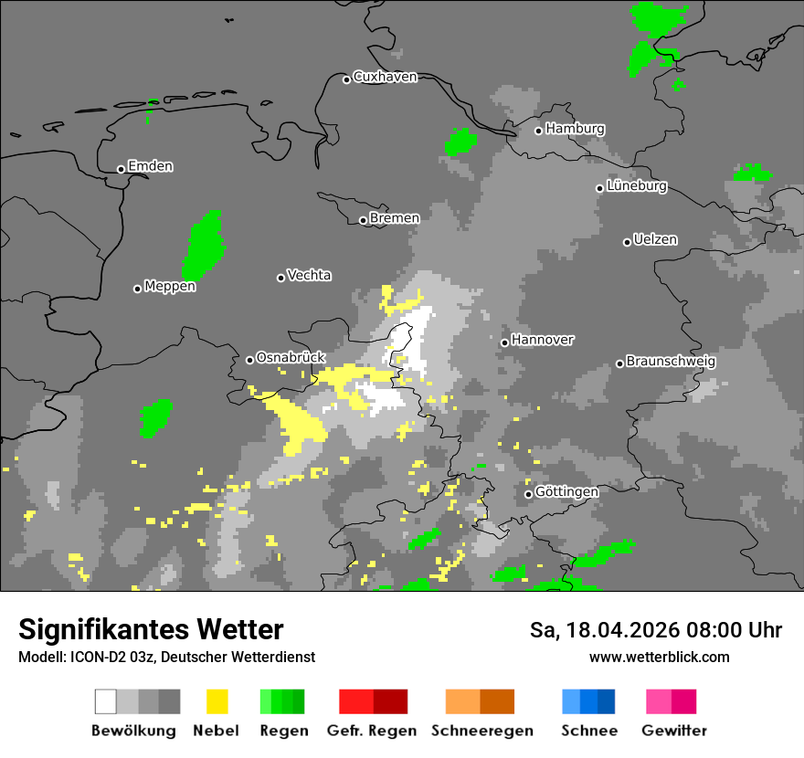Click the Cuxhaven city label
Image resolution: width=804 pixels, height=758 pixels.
(385, 77)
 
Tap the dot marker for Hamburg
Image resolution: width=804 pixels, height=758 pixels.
(539, 131)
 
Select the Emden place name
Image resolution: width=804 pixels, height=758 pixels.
(150, 166)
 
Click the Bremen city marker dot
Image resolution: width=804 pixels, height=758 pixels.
(363, 220)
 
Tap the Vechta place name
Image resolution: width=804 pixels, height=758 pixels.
(309, 275)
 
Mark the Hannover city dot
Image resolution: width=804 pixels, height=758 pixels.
(504, 342)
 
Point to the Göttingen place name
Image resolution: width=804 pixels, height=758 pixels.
(566, 492)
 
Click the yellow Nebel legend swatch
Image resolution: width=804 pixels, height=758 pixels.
(217, 701)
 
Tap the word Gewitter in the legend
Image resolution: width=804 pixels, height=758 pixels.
(673, 731)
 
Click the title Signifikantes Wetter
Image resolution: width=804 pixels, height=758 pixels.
(151, 629)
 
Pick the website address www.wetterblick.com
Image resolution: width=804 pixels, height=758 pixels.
(659, 657)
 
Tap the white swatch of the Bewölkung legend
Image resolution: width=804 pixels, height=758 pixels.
(106, 701)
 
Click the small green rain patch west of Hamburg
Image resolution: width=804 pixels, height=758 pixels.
(461, 142)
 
